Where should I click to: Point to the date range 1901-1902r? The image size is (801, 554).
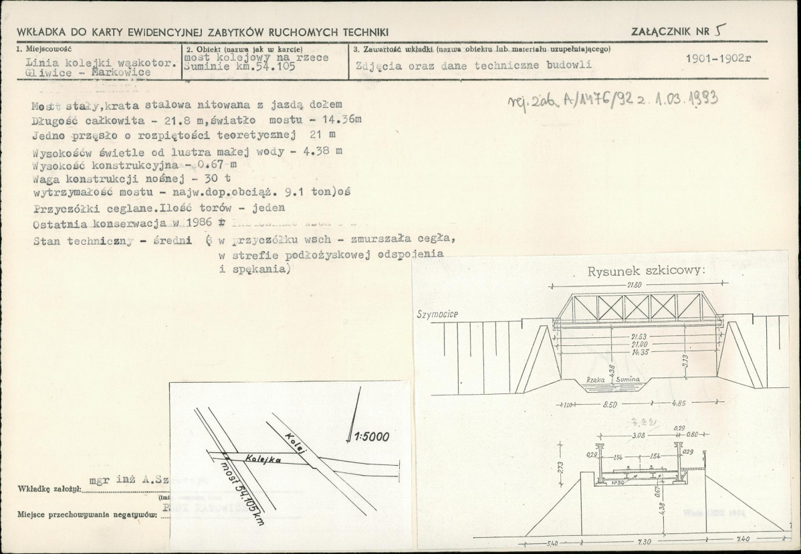(x=719, y=58)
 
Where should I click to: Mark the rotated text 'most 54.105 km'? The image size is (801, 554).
(x=240, y=491)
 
